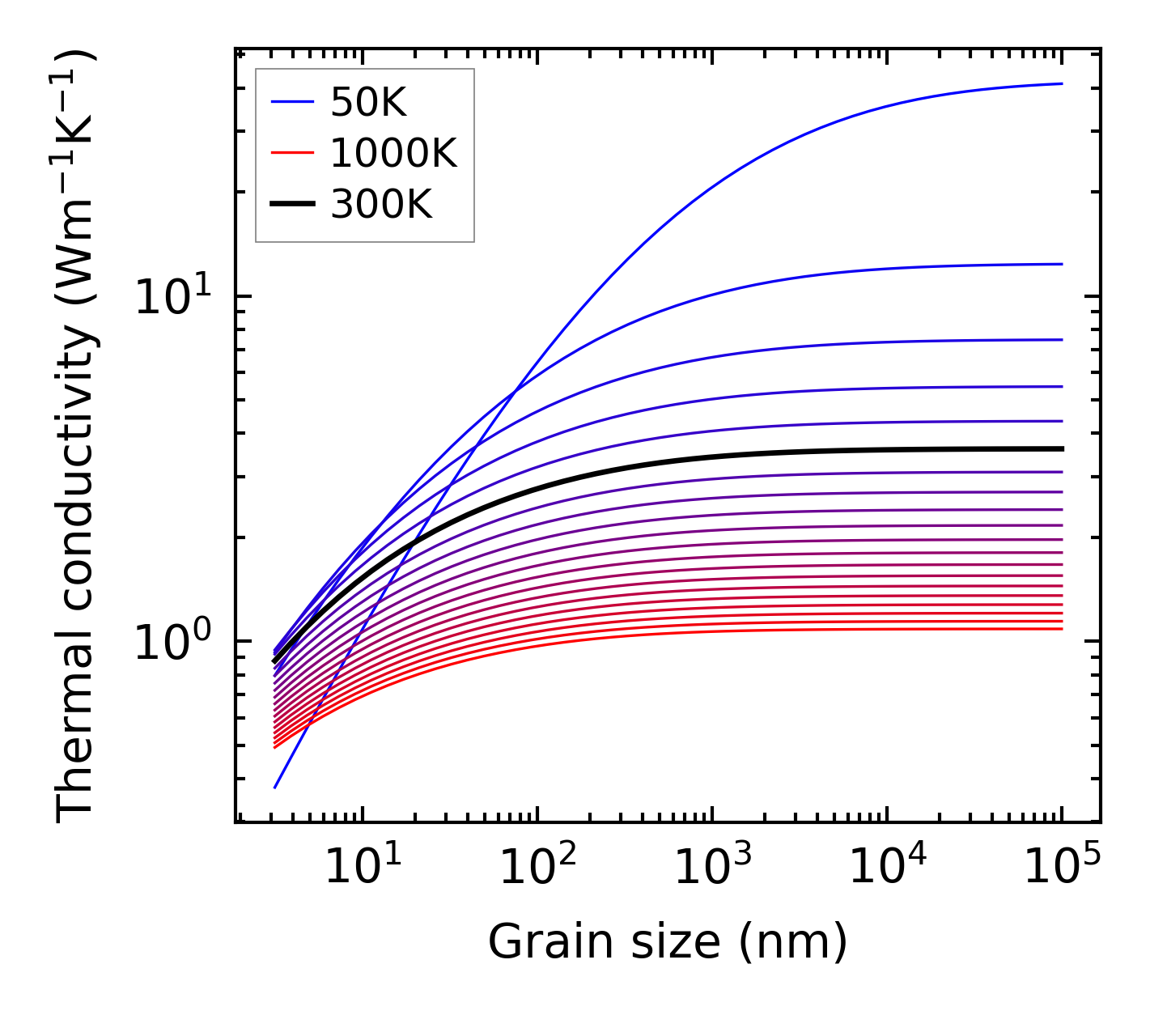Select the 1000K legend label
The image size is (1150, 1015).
point(393,153)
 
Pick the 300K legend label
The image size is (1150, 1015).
point(381,205)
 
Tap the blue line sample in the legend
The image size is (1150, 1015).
point(291,102)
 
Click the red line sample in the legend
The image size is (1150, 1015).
point(291,153)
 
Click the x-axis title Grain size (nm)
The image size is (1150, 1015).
point(668,942)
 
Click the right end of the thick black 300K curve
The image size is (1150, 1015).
point(1062,448)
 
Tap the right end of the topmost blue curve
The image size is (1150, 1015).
point(1062,83)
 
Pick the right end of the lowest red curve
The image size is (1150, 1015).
point(1062,629)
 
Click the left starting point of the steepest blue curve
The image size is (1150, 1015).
point(275,788)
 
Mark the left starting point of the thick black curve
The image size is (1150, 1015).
point(274,662)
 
